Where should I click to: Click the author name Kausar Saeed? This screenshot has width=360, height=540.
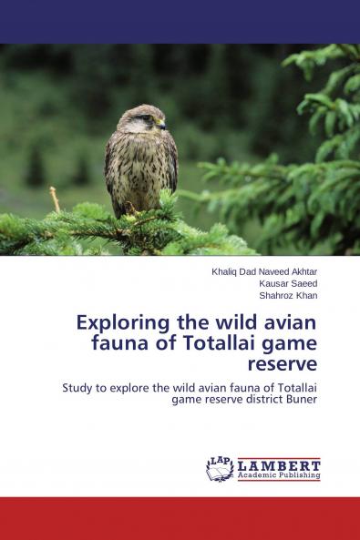pos(288,283)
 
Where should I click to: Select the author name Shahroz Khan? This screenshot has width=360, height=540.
pos(289,295)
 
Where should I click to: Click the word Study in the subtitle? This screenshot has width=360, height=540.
pos(79,387)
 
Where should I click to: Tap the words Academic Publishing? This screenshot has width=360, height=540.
pos(279,475)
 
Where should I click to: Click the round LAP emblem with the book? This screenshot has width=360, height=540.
pos(220,468)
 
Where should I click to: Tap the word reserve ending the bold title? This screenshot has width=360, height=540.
pos(285,363)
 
